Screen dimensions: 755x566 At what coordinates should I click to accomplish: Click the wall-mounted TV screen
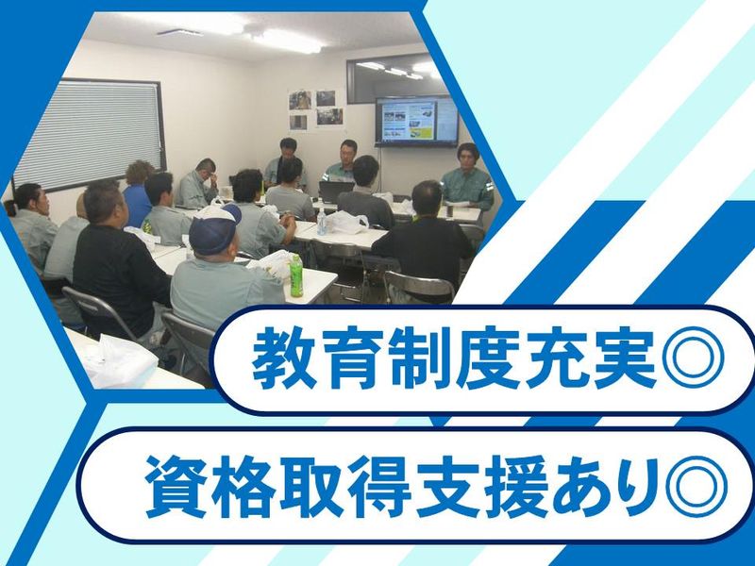[416, 121]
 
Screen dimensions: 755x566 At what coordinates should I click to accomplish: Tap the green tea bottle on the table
[296, 275]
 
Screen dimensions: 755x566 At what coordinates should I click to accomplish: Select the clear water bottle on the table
[322, 222]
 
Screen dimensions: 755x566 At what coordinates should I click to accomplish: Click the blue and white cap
[214, 227]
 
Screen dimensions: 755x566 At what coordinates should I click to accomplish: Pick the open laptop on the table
[337, 191]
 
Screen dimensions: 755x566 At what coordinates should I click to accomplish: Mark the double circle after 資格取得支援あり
[696, 486]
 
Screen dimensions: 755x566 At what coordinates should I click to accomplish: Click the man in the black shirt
[117, 262]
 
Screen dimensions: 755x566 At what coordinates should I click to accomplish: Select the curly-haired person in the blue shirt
[137, 191]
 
